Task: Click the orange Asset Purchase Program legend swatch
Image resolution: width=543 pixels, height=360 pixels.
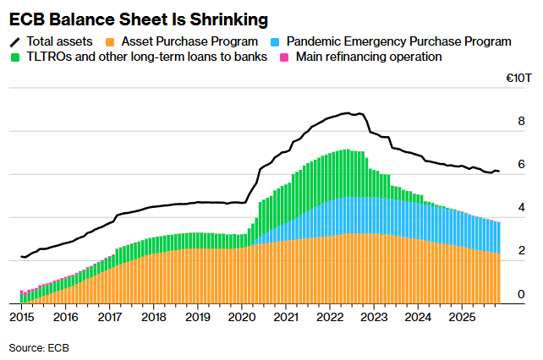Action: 111,41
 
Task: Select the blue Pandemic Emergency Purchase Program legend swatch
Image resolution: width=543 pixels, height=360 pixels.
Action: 277,41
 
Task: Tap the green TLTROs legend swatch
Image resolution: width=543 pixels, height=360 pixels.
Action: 15,57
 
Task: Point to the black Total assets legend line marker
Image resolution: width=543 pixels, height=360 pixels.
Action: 15,41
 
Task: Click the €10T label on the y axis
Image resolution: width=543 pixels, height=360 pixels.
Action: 518,78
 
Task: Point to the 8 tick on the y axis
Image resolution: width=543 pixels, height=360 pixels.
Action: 521,121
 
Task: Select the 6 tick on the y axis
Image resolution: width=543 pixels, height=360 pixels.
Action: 521,164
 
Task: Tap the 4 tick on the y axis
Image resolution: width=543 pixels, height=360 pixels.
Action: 521,207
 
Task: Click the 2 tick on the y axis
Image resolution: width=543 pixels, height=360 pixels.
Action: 521,251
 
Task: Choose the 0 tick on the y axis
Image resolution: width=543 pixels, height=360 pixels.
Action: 521,294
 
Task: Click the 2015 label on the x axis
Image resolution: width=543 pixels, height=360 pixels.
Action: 21,317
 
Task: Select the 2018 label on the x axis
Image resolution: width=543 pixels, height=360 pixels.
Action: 153,317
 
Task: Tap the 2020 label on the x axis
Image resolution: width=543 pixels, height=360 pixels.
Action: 242,317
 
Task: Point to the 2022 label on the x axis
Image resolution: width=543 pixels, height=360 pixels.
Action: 330,317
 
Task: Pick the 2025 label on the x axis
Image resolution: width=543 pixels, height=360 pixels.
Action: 462,317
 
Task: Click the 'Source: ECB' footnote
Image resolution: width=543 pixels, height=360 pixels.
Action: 39,347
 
